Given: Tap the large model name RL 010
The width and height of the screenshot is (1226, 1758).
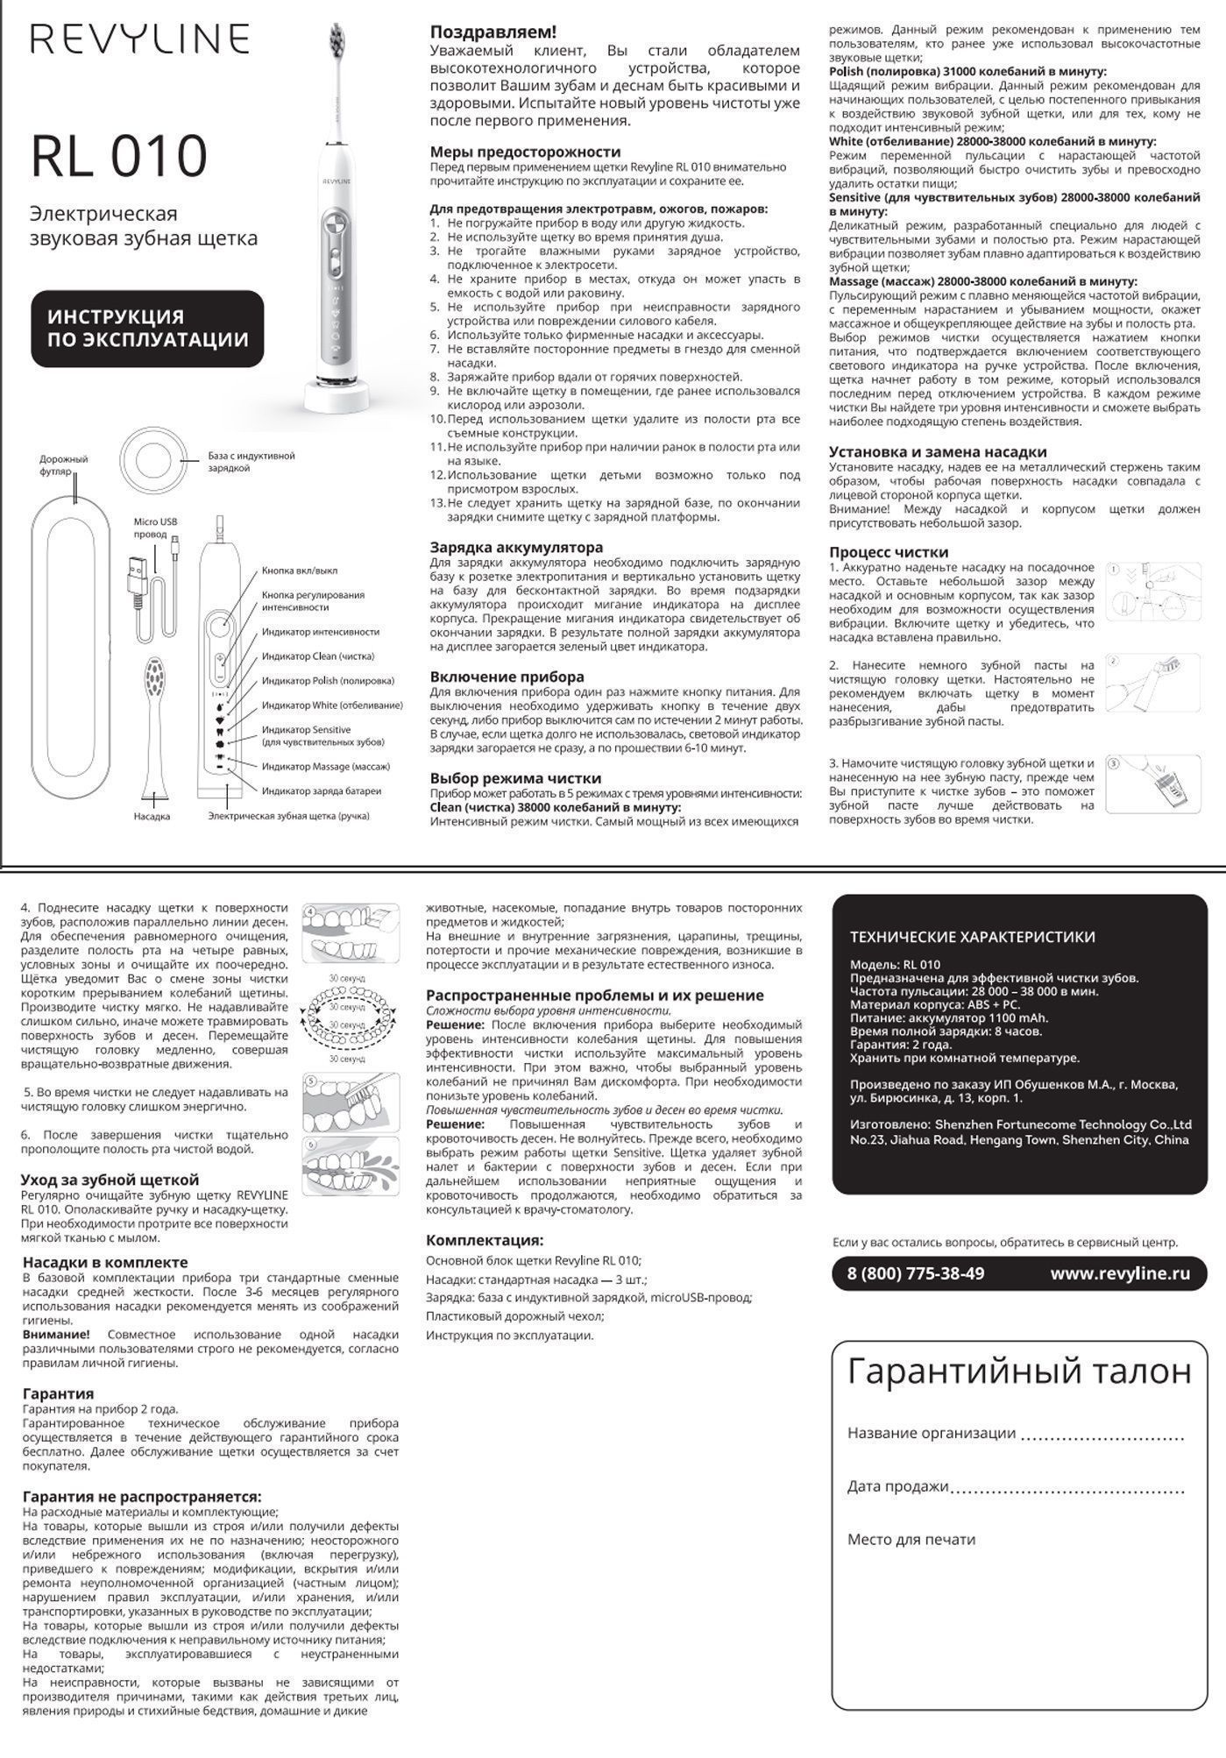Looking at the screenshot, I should point(119,156).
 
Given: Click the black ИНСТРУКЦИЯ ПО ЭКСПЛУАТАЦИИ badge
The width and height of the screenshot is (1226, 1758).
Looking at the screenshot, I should point(147,329).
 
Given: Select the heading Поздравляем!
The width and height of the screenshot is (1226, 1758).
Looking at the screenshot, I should point(493,32).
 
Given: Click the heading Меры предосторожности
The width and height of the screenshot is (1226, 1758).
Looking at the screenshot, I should point(525,152).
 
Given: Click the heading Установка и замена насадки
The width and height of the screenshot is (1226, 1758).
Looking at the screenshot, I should point(938,452).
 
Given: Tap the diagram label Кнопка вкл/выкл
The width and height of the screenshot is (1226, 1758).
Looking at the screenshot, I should point(299,571).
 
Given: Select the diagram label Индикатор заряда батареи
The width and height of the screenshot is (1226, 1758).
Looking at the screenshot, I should point(321,790).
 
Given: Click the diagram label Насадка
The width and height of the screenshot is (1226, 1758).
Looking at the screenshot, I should point(152,817).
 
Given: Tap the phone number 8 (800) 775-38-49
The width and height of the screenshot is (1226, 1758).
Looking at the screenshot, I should point(915,1273).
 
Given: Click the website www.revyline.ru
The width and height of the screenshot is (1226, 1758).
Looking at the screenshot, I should point(1120,1273).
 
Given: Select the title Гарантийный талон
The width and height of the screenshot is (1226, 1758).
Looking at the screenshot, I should point(1019,1372).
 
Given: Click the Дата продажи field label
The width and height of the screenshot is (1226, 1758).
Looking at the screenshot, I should point(897,1486).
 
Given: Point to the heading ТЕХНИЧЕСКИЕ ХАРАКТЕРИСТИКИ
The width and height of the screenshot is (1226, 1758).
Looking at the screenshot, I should point(972,937).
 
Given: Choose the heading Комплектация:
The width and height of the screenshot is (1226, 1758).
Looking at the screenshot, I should point(485,1240).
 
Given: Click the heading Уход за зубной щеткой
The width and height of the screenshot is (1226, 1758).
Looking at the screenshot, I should point(110,1180).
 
